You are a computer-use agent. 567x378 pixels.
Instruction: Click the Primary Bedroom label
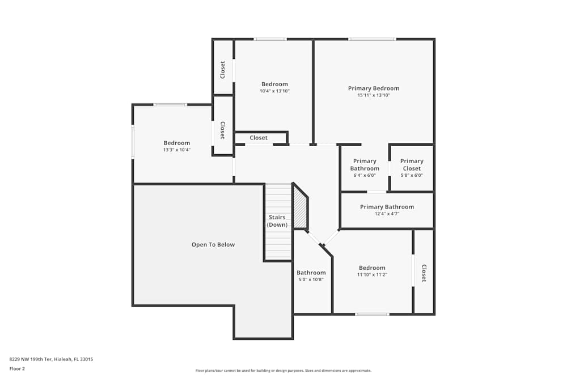tap(374, 88)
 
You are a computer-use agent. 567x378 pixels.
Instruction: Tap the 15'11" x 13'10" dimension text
tap(374, 95)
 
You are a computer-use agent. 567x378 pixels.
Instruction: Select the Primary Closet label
tap(412, 165)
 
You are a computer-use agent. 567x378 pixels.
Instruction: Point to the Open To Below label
tap(213, 245)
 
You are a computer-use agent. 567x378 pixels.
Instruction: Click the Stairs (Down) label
tap(277, 221)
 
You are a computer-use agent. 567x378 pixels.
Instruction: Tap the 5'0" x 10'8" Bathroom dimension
tap(311, 279)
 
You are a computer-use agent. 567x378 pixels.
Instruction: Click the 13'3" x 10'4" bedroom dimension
tap(177, 150)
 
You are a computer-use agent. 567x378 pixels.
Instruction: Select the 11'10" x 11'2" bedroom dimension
tap(372, 275)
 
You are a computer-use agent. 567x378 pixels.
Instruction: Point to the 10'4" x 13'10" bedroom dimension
tap(274, 91)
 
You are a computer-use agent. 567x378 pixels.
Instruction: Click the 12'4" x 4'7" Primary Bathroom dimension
tap(387, 214)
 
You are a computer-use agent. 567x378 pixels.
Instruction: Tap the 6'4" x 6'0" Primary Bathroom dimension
tap(365, 175)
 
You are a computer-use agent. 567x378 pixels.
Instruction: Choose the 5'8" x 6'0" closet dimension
tap(412, 175)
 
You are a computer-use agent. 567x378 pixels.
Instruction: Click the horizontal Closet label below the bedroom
tap(259, 138)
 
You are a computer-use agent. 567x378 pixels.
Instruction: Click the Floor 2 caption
tap(17, 368)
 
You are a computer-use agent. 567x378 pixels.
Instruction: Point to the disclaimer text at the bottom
tap(283, 371)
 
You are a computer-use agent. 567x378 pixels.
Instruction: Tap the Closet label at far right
tap(424, 273)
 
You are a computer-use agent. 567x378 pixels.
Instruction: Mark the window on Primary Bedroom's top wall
tap(372, 39)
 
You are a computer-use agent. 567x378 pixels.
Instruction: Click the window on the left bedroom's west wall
tap(133, 142)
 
